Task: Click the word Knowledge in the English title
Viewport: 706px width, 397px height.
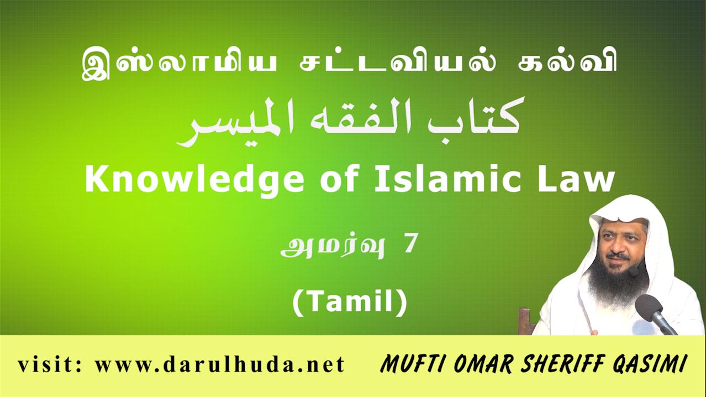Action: (x=194, y=180)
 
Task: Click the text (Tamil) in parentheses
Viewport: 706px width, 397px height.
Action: (x=350, y=300)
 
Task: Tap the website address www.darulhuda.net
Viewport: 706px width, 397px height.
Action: (x=220, y=365)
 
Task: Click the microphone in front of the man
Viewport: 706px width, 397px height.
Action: (x=654, y=315)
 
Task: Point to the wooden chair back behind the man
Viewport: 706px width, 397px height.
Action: (x=526, y=321)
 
